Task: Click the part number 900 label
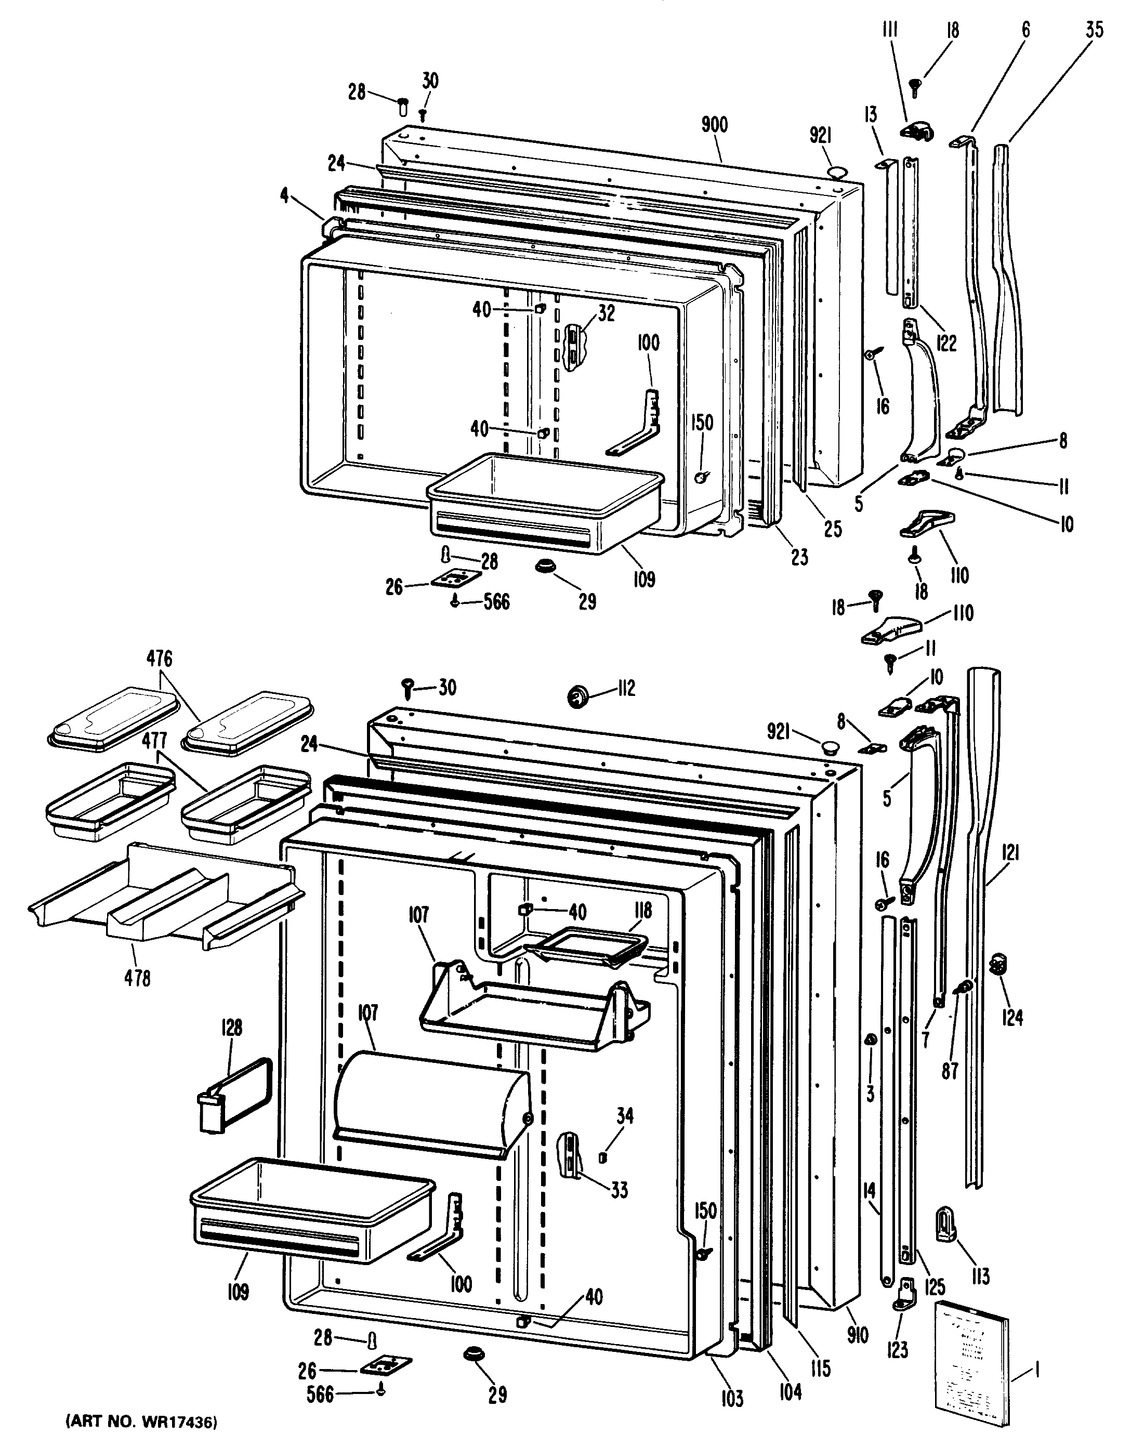(x=714, y=125)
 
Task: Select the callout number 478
(x=137, y=978)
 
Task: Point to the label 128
(x=231, y=1028)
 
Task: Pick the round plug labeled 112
(x=578, y=696)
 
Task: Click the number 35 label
(x=1095, y=31)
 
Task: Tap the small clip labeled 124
(x=998, y=968)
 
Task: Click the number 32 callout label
(x=606, y=313)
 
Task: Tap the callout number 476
(x=160, y=659)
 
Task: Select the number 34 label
(x=624, y=1116)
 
